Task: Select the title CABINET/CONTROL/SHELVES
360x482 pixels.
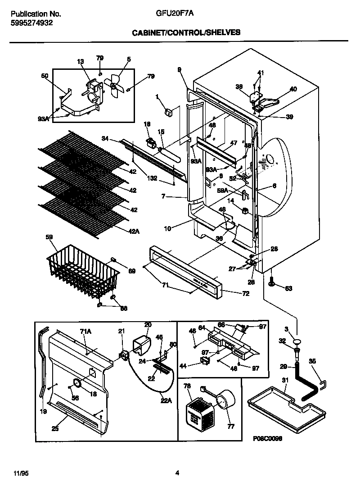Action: (x=186, y=32)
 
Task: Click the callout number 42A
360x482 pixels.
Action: (x=134, y=231)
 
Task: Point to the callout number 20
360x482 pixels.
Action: (x=148, y=324)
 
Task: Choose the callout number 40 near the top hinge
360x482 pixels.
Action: (x=293, y=89)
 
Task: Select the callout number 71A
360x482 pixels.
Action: (x=85, y=331)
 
